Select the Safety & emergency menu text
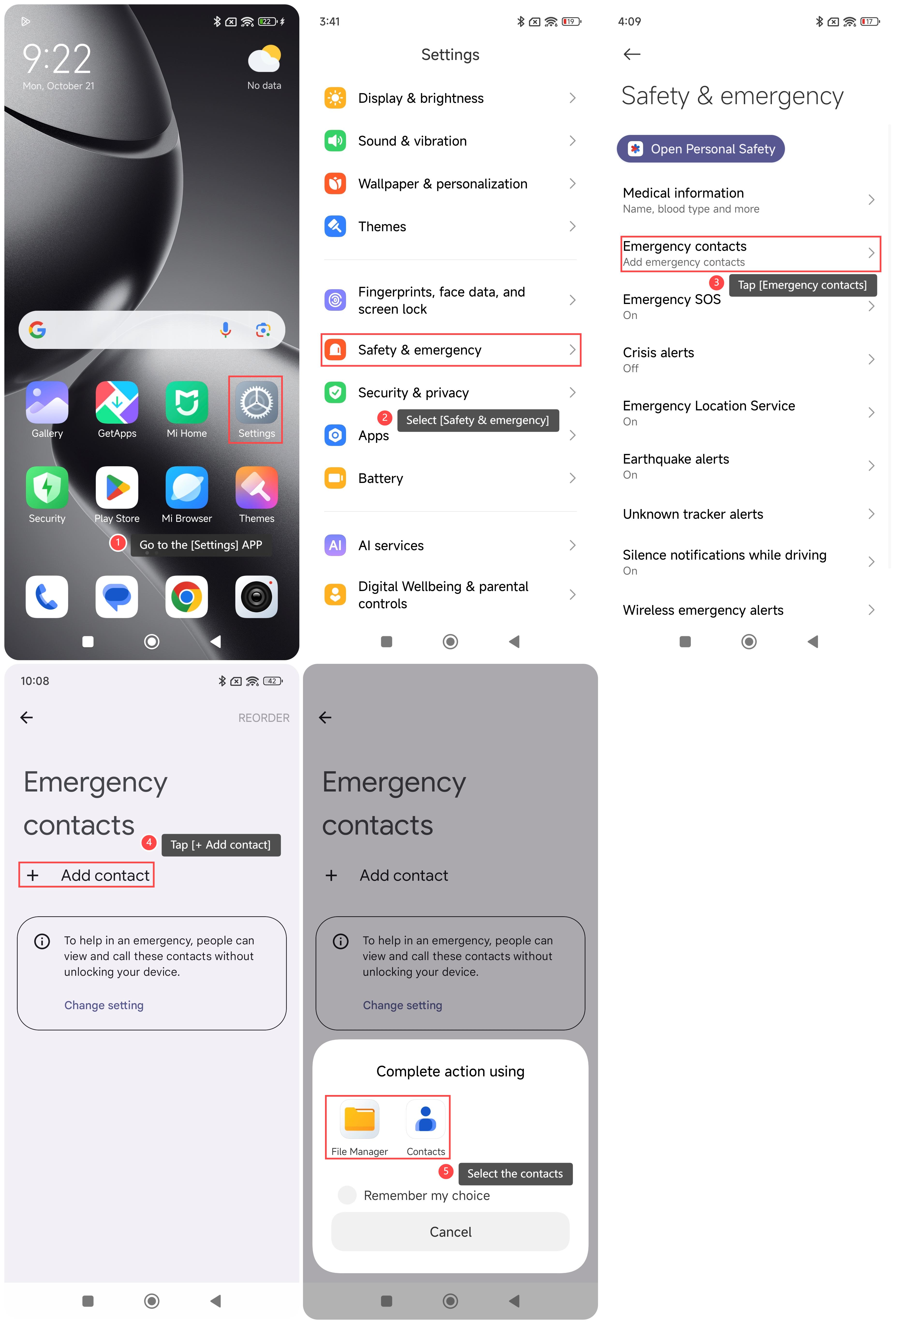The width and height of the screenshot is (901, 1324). [420, 350]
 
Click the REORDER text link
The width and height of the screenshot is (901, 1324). [264, 718]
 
